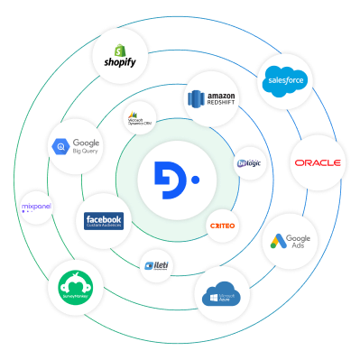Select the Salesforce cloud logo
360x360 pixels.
tap(286, 82)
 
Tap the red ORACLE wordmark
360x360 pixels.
tap(316, 163)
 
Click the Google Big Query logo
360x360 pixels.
tap(77, 147)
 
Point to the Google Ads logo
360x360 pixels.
tap(290, 242)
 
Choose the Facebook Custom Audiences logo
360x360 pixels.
tap(103, 221)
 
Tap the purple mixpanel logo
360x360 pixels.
tap(36, 208)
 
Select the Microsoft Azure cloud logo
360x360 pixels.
tap(221, 294)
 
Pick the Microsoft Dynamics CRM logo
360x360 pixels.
tap(141, 118)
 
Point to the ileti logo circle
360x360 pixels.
tap(157, 265)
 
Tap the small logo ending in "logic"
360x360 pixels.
tap(248, 163)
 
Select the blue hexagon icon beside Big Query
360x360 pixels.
tap(62, 147)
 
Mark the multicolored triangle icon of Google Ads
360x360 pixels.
tap(277, 242)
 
